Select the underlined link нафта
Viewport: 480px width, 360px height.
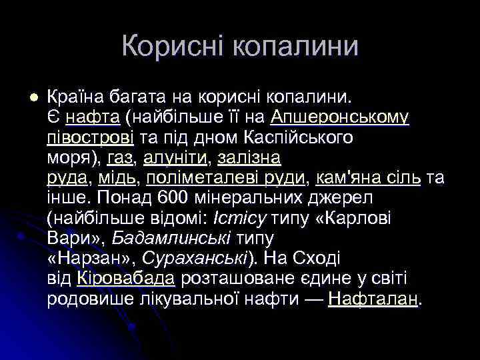[x=93, y=118]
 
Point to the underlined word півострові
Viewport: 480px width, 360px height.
[x=90, y=138]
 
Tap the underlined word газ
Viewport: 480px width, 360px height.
[x=120, y=158]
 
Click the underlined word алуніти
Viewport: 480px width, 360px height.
[x=171, y=158]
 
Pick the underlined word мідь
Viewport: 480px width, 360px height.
[x=117, y=178]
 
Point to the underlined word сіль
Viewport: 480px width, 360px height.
[x=401, y=178]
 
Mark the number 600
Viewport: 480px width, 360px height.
[x=175, y=198]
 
